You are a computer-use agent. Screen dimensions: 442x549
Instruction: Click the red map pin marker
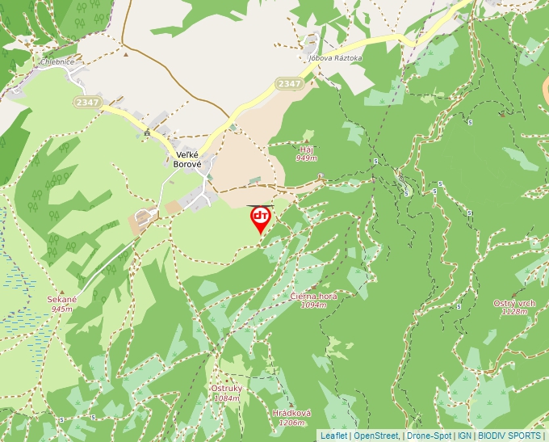[261, 219]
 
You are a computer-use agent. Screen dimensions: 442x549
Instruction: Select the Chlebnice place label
[57, 61]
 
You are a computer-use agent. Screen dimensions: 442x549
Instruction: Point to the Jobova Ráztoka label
[335, 58]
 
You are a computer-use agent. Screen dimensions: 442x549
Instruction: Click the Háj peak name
[306, 149]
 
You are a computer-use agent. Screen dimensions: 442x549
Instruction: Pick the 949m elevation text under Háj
[306, 158]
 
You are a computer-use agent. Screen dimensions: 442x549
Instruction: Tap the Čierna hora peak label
[313, 297]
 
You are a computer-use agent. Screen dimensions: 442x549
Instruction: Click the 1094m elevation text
[313, 305]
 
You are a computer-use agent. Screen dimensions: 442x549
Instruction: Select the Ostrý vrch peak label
[514, 303]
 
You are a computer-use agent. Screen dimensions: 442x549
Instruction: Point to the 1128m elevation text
[514, 312]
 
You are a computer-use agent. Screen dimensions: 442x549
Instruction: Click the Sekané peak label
[61, 300]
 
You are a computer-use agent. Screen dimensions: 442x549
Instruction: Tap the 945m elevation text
[61, 309]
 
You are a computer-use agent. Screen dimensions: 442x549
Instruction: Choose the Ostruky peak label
[226, 388]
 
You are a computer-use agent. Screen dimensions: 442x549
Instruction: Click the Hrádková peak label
[291, 413]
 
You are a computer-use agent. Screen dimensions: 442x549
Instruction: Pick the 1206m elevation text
[291, 423]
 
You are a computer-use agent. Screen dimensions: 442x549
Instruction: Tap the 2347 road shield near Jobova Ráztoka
[288, 83]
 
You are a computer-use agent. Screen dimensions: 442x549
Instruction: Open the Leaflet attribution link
[333, 436]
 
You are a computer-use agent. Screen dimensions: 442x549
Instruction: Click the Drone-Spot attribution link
[429, 436]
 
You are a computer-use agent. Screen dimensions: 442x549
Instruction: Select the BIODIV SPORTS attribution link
[509, 436]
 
